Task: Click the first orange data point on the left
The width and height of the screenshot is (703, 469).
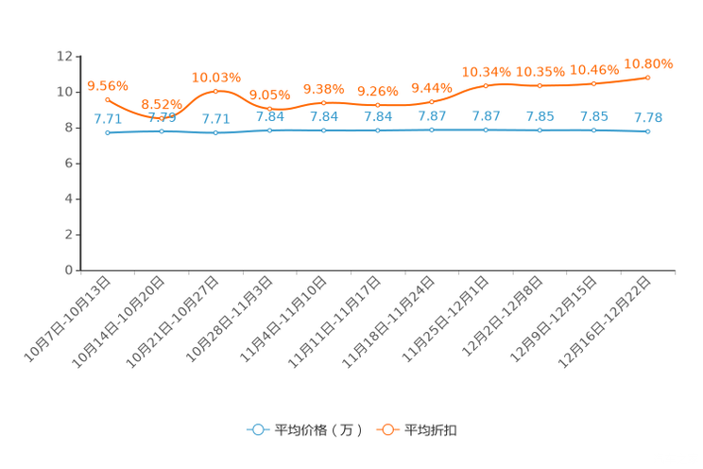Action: [108, 98]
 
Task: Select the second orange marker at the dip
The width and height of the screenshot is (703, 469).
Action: [162, 117]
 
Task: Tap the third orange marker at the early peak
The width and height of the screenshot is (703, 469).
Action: [216, 91]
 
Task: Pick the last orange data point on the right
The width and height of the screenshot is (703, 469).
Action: [648, 77]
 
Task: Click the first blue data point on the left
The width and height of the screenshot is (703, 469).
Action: [108, 133]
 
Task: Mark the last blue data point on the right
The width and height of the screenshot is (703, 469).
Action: [647, 132]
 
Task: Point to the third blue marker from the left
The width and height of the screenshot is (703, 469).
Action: [216, 133]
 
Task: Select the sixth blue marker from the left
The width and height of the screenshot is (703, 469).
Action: [378, 130]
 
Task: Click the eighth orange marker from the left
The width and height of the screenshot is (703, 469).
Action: [487, 85]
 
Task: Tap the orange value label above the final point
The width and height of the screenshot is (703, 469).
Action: [648, 63]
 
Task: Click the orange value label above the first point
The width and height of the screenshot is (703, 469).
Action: [107, 85]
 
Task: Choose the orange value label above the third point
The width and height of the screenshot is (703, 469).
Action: [216, 77]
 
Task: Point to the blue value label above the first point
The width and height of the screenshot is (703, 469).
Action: [108, 119]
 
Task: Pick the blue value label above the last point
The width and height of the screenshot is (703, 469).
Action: [648, 117]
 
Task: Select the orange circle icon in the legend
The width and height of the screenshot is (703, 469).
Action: [386, 429]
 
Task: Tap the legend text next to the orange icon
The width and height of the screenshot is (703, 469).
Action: [431, 430]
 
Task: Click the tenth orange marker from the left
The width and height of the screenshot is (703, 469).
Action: [594, 84]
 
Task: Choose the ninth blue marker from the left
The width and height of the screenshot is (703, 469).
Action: [540, 130]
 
